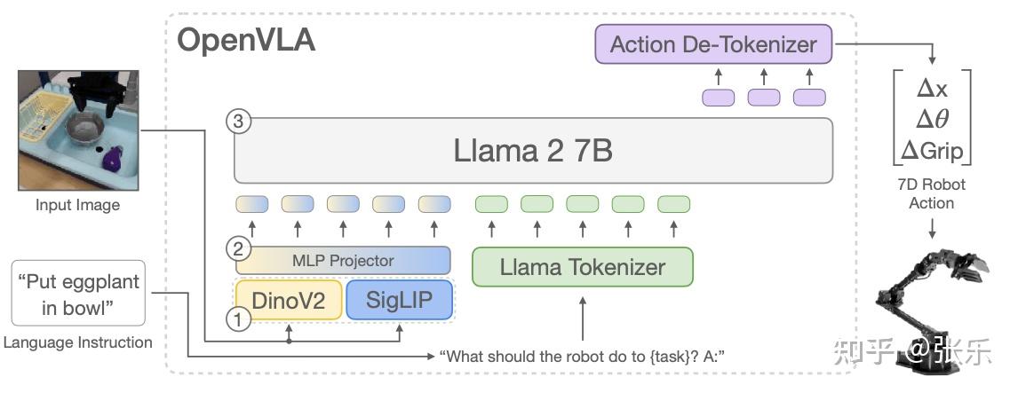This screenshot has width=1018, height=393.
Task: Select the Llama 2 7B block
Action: [533, 150]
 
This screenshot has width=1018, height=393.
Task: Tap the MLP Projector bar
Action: [343, 260]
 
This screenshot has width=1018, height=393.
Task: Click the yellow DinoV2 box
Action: [290, 300]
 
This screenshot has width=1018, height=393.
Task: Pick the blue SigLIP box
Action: [398, 300]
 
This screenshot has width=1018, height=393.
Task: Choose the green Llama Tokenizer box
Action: [582, 266]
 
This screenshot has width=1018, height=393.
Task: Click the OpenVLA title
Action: [246, 40]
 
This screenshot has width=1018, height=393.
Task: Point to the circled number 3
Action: [237, 122]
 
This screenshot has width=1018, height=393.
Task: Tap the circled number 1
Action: [237, 320]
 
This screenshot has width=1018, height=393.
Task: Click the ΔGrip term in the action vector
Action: [932, 151]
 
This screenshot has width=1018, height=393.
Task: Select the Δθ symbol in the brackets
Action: [932, 121]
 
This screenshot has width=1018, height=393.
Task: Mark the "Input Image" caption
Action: [77, 205]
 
